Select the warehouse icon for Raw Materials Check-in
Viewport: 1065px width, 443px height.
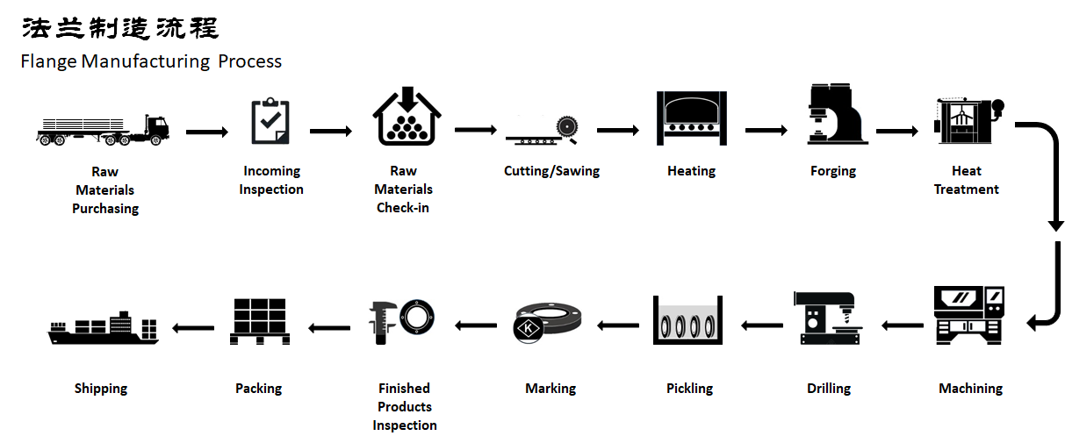[405, 118]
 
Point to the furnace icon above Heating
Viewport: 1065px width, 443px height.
[691, 118]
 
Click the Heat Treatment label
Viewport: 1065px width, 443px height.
[966, 180]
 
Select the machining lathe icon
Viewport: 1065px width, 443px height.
[968, 314]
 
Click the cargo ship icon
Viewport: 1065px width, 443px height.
[103, 328]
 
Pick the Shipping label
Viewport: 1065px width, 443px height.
[101, 388]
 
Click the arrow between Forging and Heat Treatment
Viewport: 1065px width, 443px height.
[896, 132]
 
